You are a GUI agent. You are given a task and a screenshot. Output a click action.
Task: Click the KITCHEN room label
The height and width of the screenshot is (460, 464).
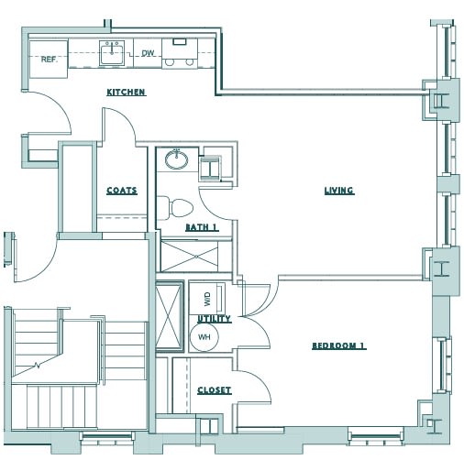click(x=127, y=93)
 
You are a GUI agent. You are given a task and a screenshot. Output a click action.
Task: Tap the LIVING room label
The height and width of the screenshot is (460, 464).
click(x=338, y=191)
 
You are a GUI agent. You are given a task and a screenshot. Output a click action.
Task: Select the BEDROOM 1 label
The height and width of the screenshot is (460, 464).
click(x=338, y=345)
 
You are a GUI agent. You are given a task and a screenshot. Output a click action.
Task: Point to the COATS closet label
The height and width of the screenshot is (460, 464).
click(x=121, y=191)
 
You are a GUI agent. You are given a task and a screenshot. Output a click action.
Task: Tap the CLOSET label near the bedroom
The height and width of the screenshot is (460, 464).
click(x=214, y=390)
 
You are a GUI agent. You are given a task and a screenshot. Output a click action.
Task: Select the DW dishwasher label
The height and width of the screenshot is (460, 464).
click(x=147, y=54)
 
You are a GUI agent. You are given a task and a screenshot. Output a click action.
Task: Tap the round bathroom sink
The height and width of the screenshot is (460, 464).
click(x=175, y=161)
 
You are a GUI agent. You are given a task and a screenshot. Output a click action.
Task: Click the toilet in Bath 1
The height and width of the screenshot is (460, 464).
click(x=176, y=205)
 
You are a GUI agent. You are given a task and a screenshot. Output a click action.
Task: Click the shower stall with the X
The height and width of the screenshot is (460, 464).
click(x=170, y=318)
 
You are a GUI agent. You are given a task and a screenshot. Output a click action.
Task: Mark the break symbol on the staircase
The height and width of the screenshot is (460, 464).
click(x=37, y=366)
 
